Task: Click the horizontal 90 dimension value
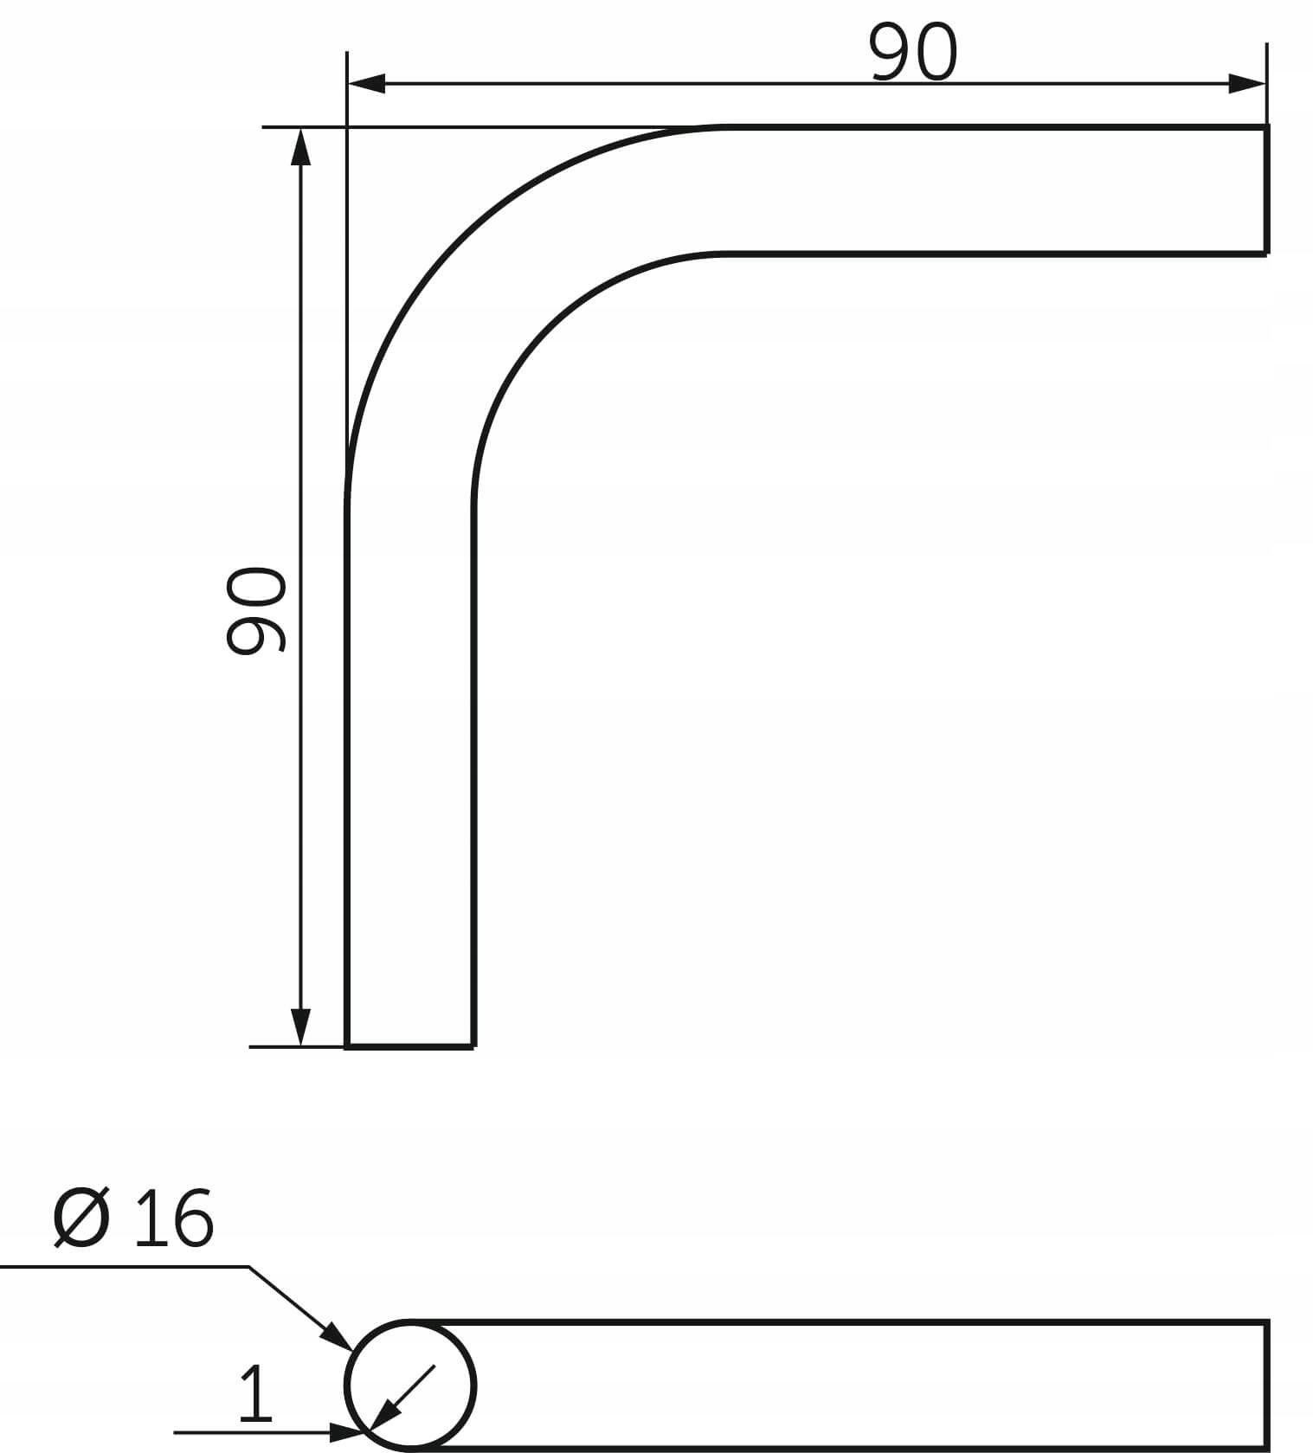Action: coord(914,53)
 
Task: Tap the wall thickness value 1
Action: coord(256,1393)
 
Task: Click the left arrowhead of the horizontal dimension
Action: coord(366,84)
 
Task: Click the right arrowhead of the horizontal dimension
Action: coord(1247,84)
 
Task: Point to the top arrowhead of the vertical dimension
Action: coord(300,146)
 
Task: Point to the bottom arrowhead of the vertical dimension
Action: coord(300,1027)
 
